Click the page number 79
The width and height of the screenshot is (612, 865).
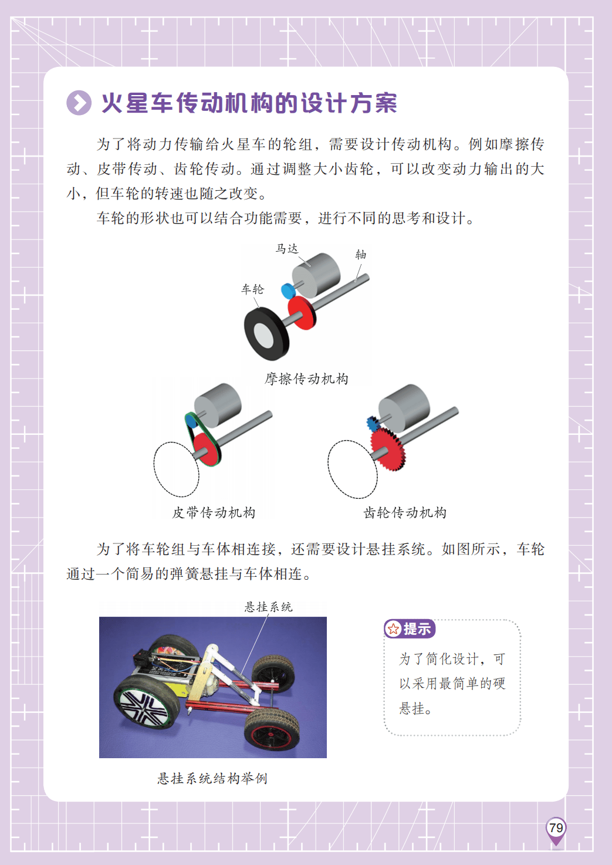(556, 827)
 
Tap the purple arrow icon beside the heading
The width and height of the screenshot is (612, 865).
(79, 103)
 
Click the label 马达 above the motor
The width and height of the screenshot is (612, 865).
(287, 249)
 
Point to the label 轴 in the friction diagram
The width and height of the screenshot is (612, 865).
(361, 255)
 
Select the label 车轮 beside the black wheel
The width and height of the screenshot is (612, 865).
(252, 289)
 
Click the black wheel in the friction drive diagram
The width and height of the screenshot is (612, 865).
(266, 333)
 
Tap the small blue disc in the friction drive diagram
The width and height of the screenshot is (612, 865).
(288, 291)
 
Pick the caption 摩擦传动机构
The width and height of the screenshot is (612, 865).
(306, 379)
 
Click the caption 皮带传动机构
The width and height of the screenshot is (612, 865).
(214, 512)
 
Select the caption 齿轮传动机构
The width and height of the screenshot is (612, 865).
(405, 512)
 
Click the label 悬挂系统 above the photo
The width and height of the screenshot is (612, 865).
(268, 607)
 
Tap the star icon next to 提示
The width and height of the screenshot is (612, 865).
(394, 629)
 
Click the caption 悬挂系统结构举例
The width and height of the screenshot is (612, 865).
(212, 778)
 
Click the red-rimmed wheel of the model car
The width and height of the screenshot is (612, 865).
(272, 732)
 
